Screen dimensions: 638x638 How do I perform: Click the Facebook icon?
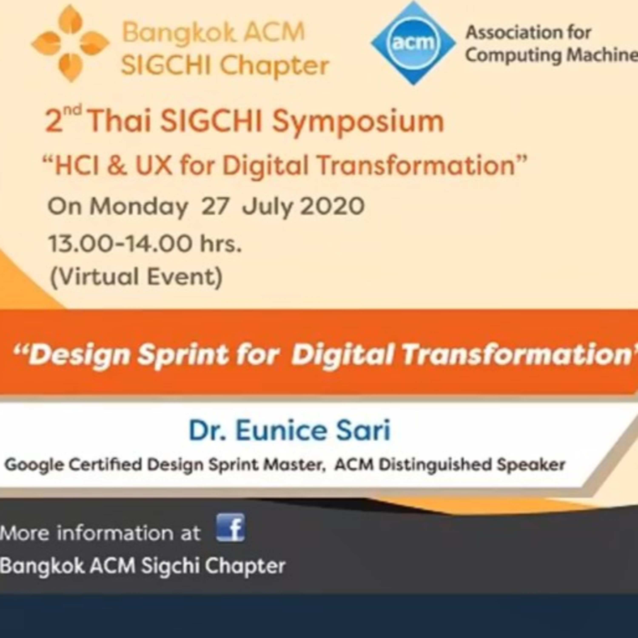(231, 527)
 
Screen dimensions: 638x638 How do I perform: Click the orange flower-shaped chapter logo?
(70, 43)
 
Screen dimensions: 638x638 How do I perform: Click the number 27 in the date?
(215, 206)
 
